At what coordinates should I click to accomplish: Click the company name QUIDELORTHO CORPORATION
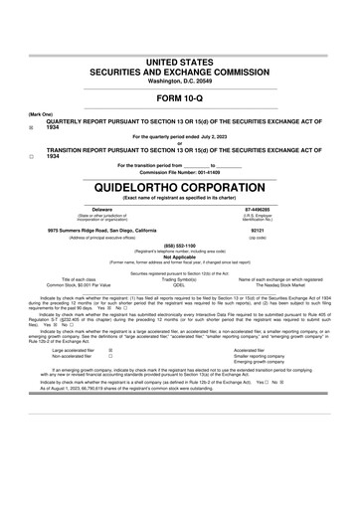click(x=179, y=185)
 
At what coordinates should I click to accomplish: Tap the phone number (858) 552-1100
click(x=179, y=245)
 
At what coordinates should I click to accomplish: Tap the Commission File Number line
click(x=179, y=170)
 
